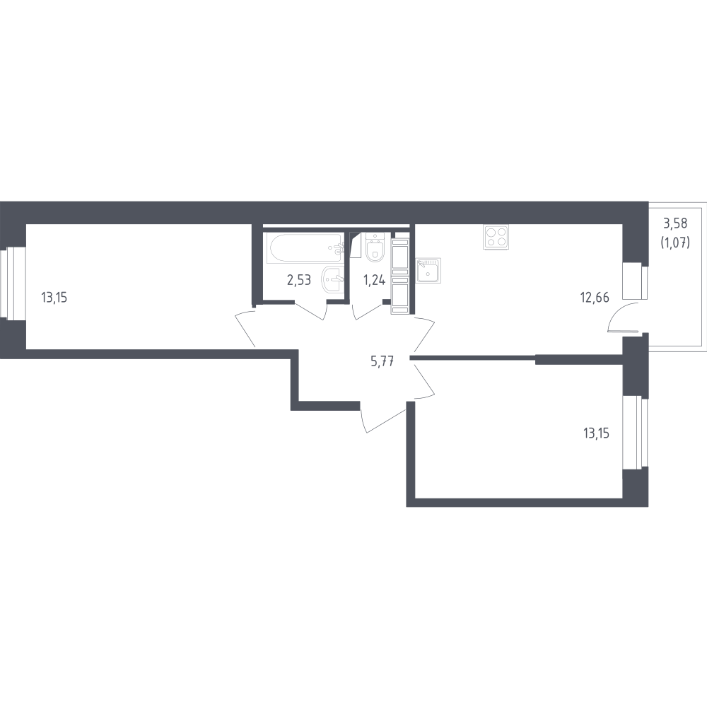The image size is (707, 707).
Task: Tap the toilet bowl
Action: pos(374,247)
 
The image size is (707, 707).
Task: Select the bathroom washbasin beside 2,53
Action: pos(333,280)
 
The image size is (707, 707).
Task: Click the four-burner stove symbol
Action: pos(496,237)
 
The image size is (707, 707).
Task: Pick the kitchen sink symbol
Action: pos(428,271)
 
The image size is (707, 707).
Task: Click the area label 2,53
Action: pos(299,280)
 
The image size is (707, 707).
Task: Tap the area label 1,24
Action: pos(374,280)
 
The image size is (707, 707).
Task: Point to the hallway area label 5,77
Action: pos(382,361)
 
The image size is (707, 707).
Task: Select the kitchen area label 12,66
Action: pos(595,298)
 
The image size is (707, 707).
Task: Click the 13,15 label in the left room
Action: pos(54,298)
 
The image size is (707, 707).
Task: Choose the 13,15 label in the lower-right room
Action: pos(596,433)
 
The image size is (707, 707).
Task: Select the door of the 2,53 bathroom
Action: pos(311,310)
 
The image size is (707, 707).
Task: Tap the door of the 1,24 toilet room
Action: pos(367,312)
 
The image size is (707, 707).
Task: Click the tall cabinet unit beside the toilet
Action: pos(400,276)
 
